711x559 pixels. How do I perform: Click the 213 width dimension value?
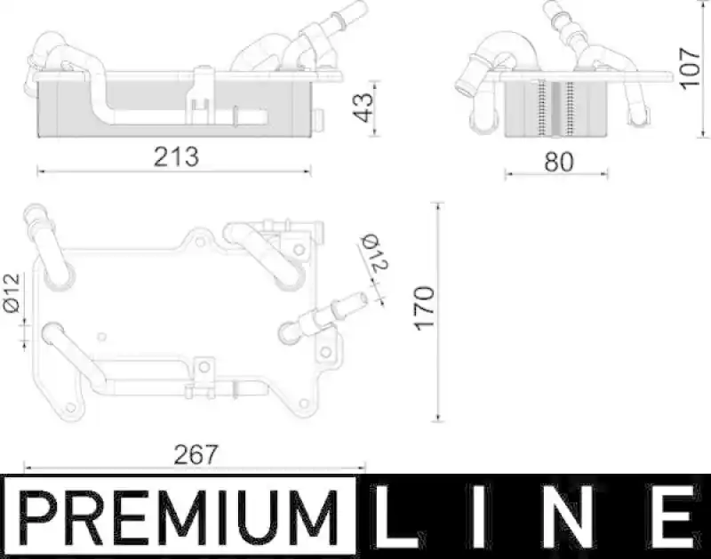(x=175, y=156)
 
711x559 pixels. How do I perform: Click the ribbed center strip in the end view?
(x=555, y=109)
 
